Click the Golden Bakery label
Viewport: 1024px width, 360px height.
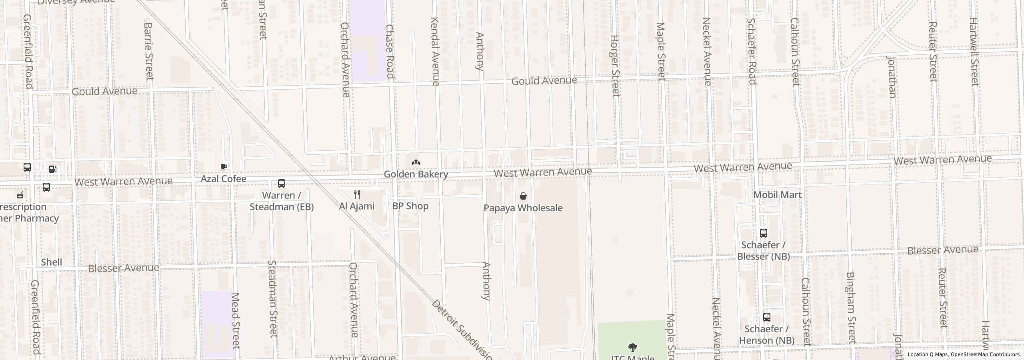416,174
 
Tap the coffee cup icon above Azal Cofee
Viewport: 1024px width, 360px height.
224,166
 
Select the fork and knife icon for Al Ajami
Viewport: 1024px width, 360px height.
357,194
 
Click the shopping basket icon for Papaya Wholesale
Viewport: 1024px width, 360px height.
523,196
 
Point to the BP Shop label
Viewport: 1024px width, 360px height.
410,206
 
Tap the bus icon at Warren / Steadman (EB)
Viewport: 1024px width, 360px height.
282,184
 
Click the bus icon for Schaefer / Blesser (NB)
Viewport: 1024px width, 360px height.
763,233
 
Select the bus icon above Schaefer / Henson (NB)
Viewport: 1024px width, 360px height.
766,317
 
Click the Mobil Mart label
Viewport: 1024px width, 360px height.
777,195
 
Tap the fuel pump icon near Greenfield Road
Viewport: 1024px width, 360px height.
52,169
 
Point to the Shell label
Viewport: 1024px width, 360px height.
51,262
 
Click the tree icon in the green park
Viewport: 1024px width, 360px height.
632,347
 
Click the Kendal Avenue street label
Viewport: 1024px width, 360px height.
435,51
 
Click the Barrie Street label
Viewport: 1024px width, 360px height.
148,50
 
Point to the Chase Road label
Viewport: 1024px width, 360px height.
390,51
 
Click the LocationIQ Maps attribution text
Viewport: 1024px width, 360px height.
964,354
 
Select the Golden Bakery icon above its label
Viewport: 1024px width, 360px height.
416,162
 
